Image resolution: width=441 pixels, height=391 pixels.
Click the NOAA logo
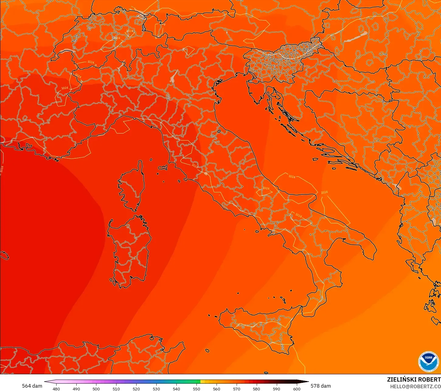click(429, 362)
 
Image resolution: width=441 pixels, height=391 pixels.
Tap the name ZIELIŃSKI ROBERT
click(414, 379)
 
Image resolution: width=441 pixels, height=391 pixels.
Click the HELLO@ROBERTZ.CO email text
click(415, 386)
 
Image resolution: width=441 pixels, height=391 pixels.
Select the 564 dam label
click(32, 386)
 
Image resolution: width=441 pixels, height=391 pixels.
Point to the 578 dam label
click(321, 386)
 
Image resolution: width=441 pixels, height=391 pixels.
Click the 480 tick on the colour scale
click(56, 389)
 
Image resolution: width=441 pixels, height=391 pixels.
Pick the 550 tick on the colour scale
click(196, 389)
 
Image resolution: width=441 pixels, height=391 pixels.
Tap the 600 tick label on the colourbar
click(297, 389)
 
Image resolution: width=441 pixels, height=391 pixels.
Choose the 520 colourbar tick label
click(136, 389)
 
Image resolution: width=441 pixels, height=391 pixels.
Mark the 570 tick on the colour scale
click(237, 389)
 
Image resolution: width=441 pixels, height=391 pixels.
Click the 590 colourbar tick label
click(276, 389)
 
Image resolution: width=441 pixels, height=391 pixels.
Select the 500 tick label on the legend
click(96, 389)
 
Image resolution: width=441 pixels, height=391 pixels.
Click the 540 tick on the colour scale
click(176, 389)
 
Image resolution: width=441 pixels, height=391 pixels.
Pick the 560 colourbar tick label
click(217, 389)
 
